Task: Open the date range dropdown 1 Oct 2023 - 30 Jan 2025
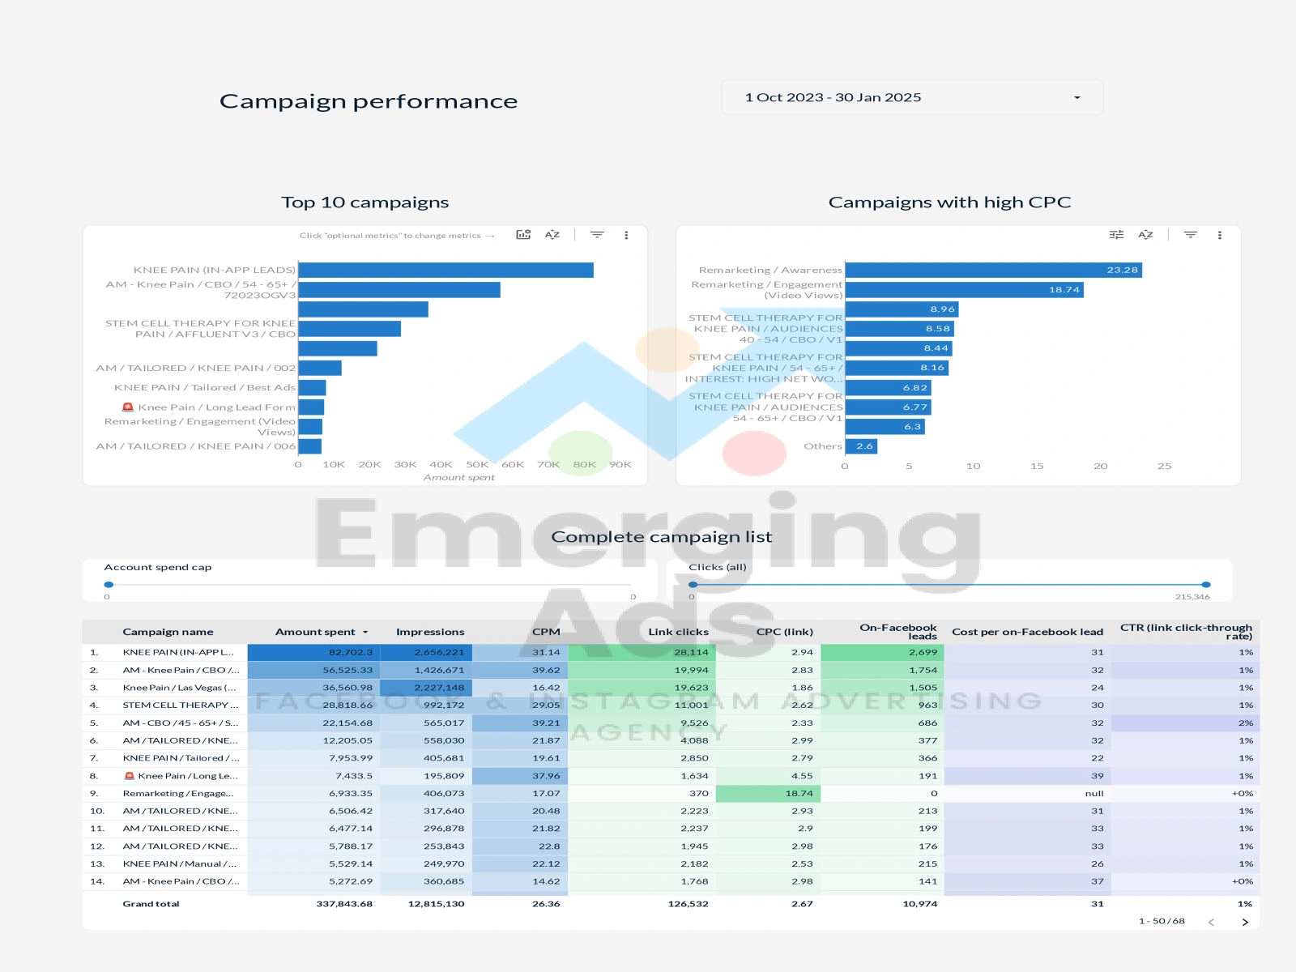(x=911, y=97)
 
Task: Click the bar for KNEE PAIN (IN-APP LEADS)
(x=446, y=270)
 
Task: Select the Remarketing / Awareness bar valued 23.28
(x=993, y=270)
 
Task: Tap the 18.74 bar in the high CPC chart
(x=964, y=289)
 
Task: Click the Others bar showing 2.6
(x=861, y=446)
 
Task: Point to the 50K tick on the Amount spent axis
(x=477, y=465)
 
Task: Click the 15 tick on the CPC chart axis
(x=1037, y=466)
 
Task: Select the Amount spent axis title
(x=458, y=478)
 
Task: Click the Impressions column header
(x=430, y=632)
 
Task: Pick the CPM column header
(x=546, y=632)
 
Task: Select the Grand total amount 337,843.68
(x=344, y=904)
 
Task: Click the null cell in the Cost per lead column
(x=1094, y=794)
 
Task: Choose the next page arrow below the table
(x=1245, y=922)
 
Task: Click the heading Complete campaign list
(x=661, y=537)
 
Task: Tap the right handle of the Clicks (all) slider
(x=1206, y=584)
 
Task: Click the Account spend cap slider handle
(x=109, y=584)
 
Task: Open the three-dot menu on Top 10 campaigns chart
(x=626, y=235)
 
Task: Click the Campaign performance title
(x=369, y=101)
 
